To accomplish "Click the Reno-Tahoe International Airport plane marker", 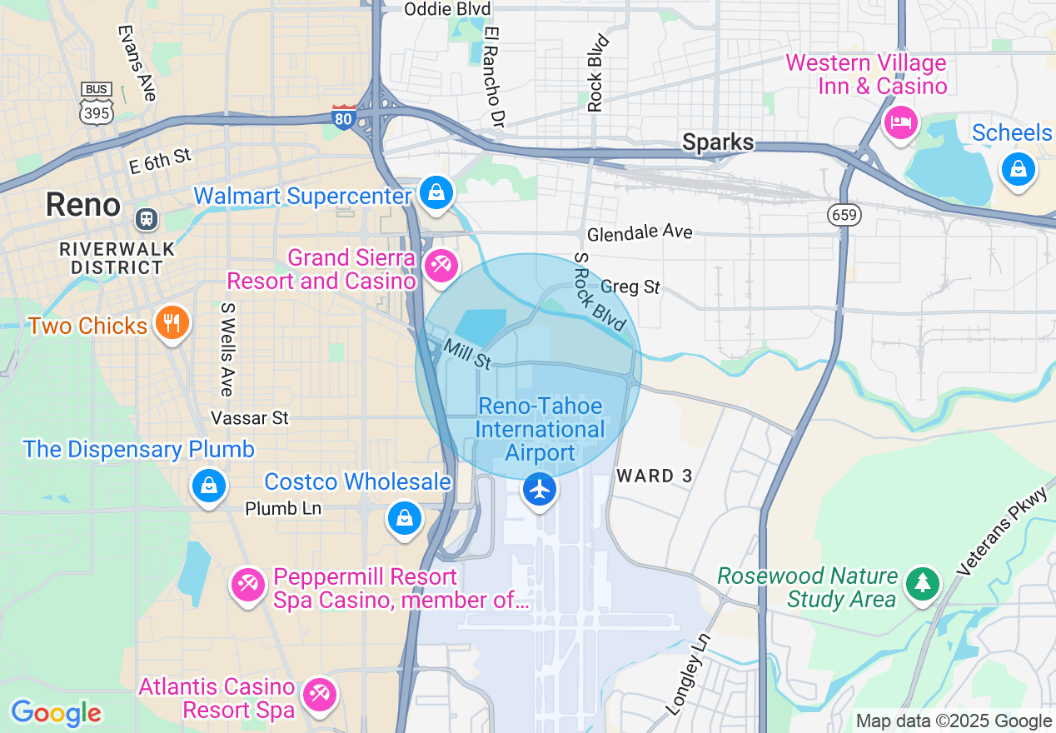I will (540, 489).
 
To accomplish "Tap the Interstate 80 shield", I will (344, 117).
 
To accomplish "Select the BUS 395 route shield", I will (97, 104).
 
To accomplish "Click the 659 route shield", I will (844, 216).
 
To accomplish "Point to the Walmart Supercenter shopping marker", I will (436, 192).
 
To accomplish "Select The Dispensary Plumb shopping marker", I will (208, 485).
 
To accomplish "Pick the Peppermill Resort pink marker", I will (247, 585).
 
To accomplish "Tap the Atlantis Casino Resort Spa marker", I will (318, 695).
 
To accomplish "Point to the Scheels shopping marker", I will (1018, 169).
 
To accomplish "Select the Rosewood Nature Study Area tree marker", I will (922, 583).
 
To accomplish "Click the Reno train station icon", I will (146, 219).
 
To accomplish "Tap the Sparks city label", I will (718, 142).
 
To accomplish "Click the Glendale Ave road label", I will (640, 232).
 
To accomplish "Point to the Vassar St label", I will (250, 417).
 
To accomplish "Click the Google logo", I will (56, 713).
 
